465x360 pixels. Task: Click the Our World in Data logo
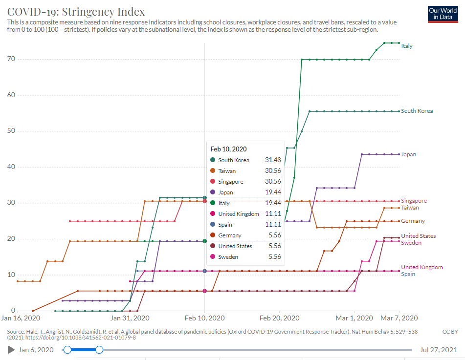(443, 14)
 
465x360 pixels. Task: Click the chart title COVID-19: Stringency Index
(76, 11)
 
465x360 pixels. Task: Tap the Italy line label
(406, 46)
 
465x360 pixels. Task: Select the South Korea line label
(417, 111)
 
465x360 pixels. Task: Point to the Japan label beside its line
(408, 154)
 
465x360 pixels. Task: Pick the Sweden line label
(411, 243)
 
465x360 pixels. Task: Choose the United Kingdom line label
(421, 267)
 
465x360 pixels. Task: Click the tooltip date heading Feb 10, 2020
(228, 149)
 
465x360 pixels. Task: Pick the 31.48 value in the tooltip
(273, 160)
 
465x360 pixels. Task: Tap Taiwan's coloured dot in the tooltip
(213, 171)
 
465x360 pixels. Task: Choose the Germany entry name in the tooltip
(229, 235)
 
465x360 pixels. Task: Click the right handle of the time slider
(99, 350)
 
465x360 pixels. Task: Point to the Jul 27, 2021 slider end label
(439, 350)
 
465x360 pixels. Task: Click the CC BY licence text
(449, 332)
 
